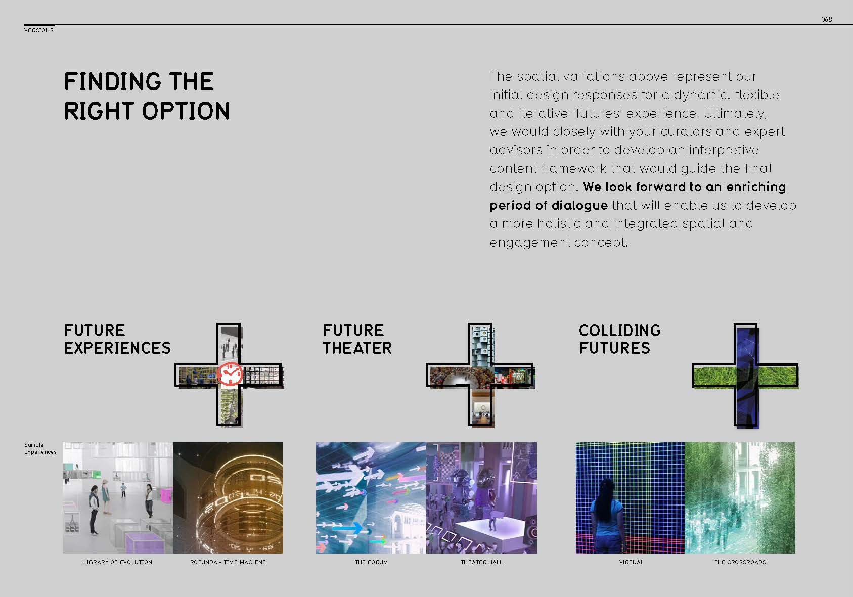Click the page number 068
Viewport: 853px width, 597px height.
point(826,19)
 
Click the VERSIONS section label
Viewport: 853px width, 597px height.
point(39,30)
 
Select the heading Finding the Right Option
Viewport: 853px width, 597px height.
point(147,97)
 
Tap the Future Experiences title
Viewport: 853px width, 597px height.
point(117,339)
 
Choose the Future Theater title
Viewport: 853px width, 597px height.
point(357,339)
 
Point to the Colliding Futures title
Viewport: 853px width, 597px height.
point(620,339)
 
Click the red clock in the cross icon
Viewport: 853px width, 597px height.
point(230,374)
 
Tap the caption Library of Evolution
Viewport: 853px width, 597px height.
point(118,562)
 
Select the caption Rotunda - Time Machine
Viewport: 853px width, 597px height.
point(228,562)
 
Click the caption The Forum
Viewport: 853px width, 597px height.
point(371,562)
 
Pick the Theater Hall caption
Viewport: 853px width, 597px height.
point(482,562)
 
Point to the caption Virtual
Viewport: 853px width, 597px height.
point(631,562)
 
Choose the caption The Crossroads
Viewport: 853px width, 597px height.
point(740,562)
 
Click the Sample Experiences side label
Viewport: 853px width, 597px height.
point(40,448)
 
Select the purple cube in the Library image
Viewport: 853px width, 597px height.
point(144,542)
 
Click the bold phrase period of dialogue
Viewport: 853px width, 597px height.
point(548,206)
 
